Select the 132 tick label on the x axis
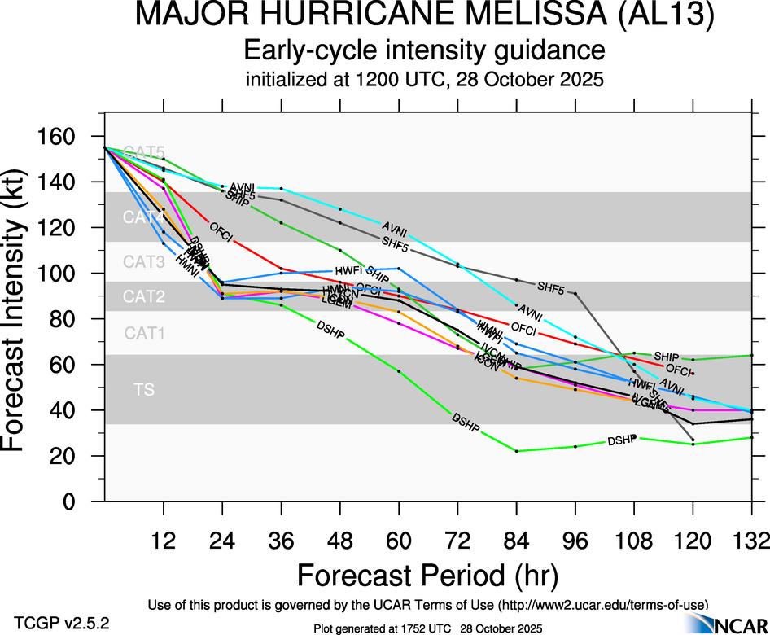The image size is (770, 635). pos(750,540)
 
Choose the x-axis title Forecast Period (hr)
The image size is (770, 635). pos(427,575)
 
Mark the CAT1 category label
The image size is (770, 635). pos(144,332)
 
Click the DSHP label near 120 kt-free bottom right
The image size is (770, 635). pos(621,440)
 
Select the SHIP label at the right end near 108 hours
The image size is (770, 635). pos(667,357)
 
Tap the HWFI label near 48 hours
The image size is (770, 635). pos(348,271)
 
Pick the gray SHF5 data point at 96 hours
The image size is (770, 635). pos(575,293)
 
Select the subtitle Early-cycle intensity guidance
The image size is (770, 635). pos(426,50)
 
